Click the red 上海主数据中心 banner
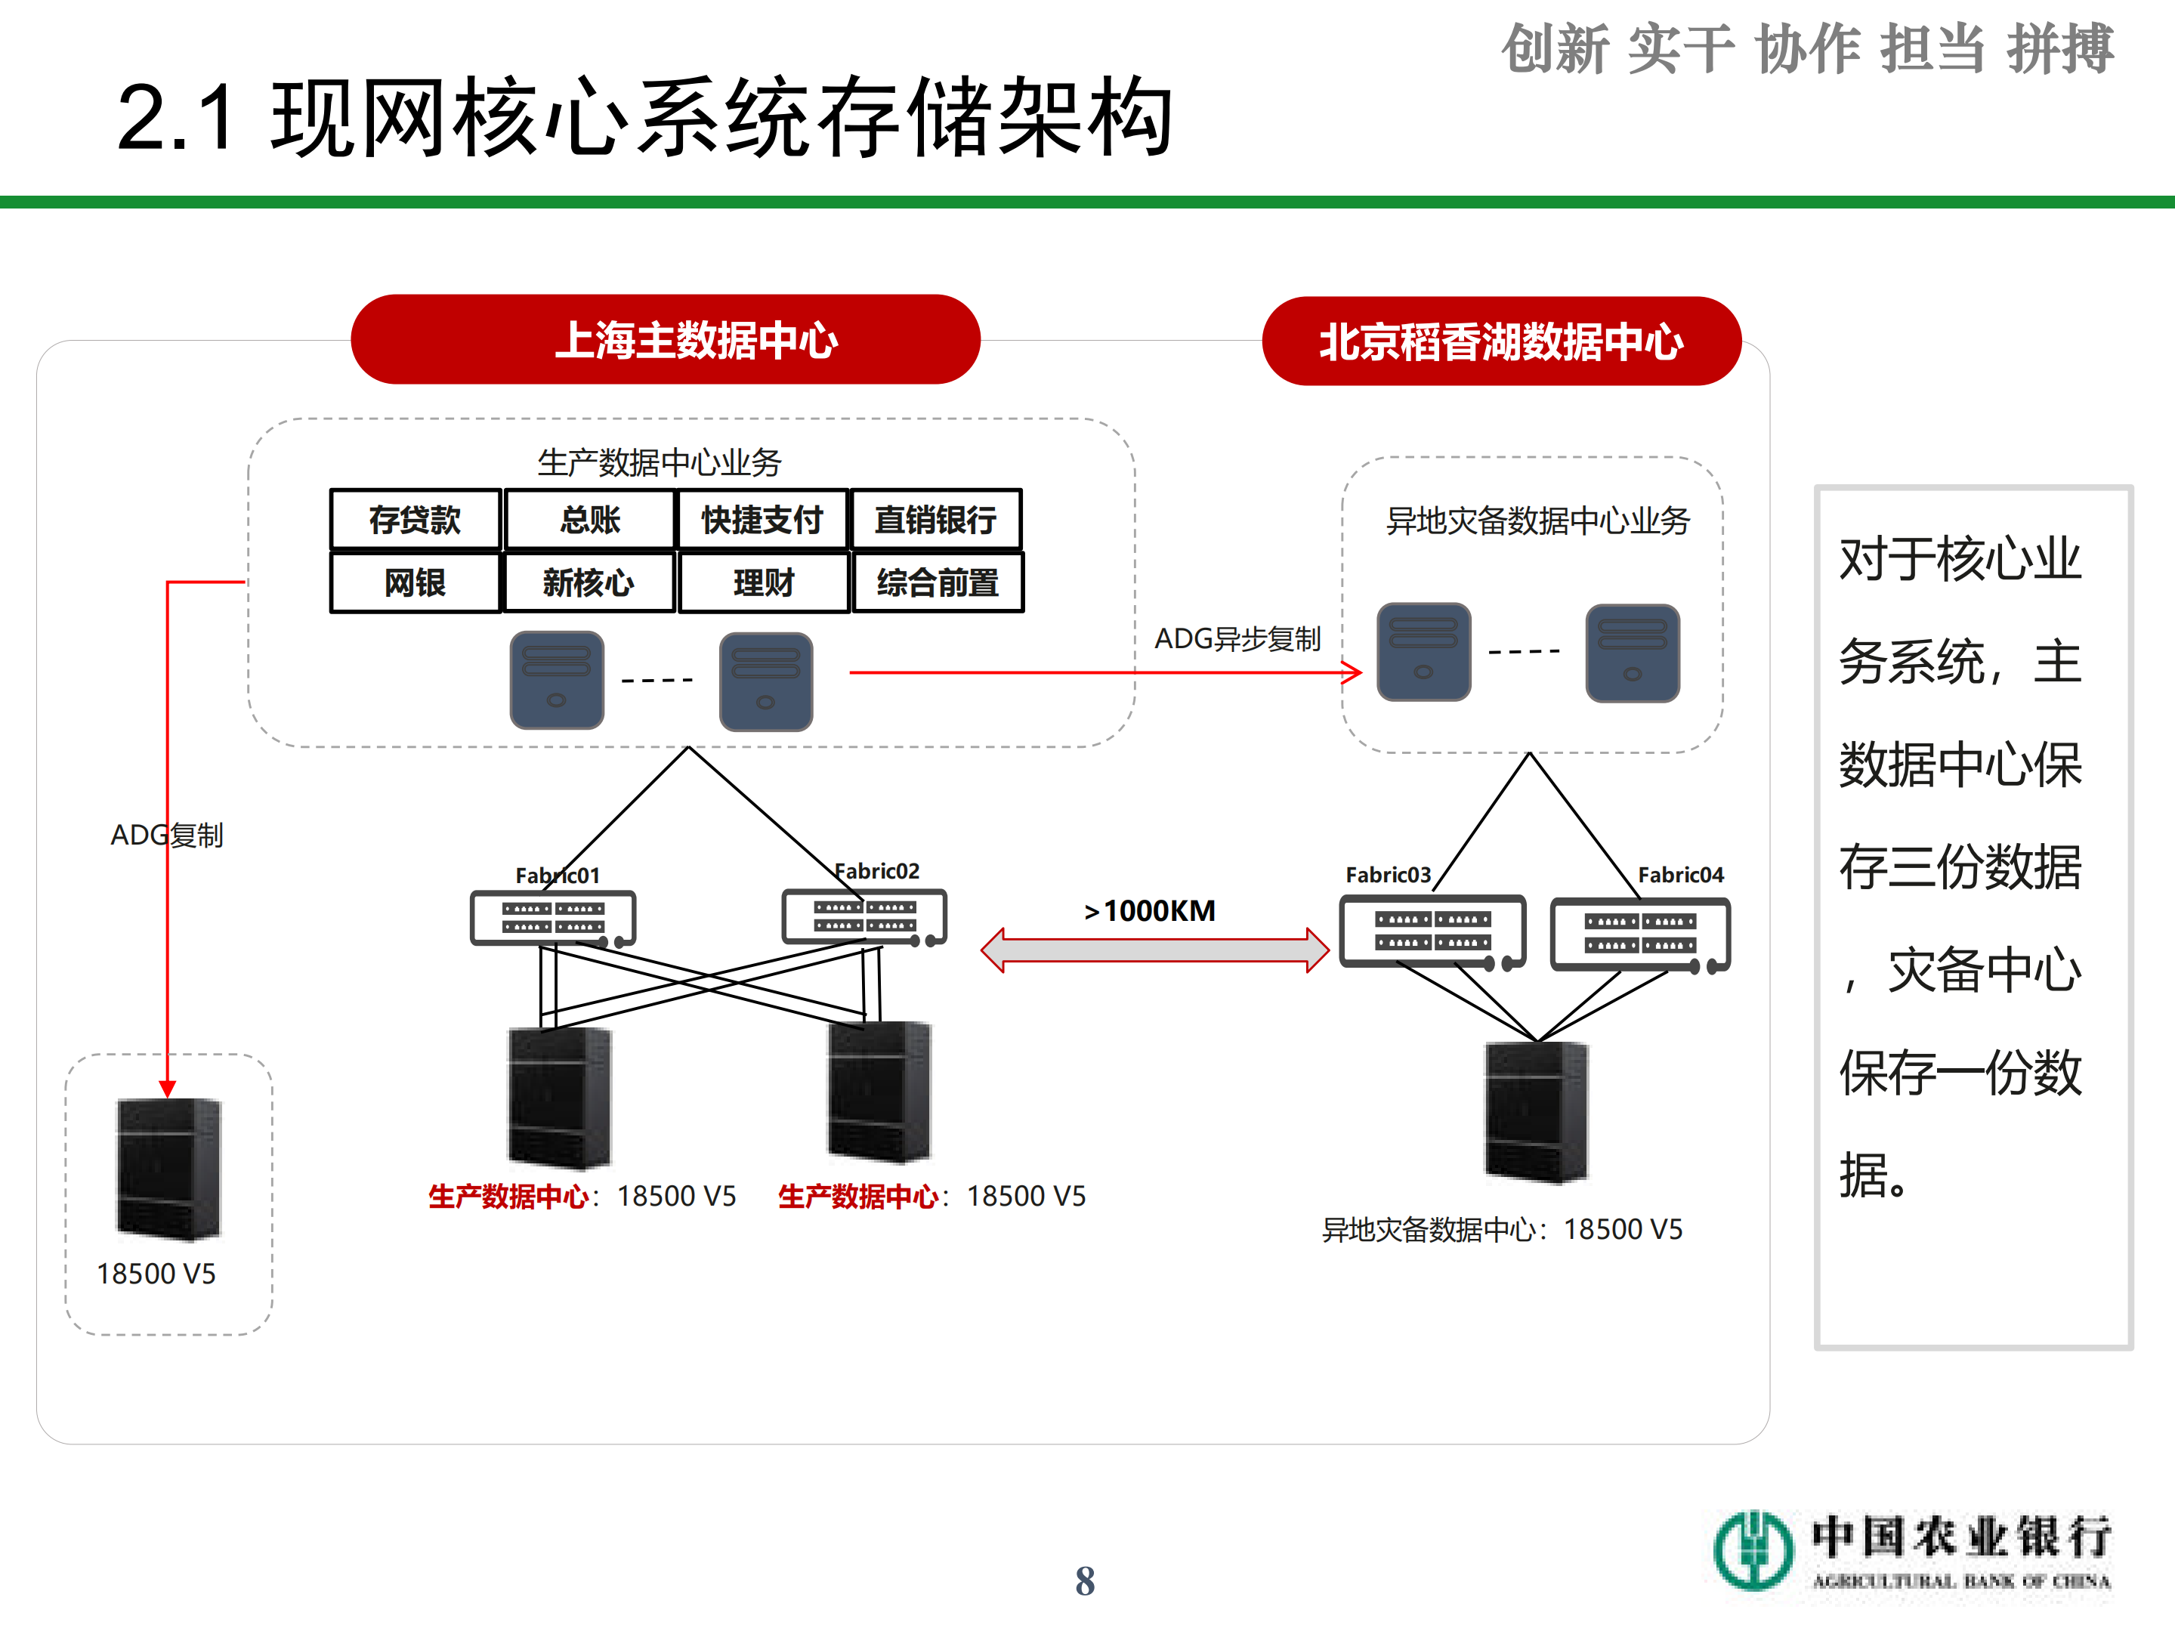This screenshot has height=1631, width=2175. click(666, 339)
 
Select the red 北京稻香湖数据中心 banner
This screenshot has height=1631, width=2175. click(1500, 341)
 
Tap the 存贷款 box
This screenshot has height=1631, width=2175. click(415, 519)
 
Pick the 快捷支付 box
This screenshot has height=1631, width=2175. click(762, 519)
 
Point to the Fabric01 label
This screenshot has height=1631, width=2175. click(557, 875)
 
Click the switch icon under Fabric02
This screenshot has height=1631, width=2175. click(864, 917)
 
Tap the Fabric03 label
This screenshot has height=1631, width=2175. click(1387, 874)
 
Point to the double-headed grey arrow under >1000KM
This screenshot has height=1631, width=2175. click(1154, 950)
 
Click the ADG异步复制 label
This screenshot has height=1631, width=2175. click(1237, 639)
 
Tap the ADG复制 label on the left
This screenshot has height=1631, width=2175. click(167, 835)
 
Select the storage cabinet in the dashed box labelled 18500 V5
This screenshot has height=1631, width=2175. click(169, 1168)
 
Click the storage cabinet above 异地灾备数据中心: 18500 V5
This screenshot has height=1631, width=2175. click(1536, 1111)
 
